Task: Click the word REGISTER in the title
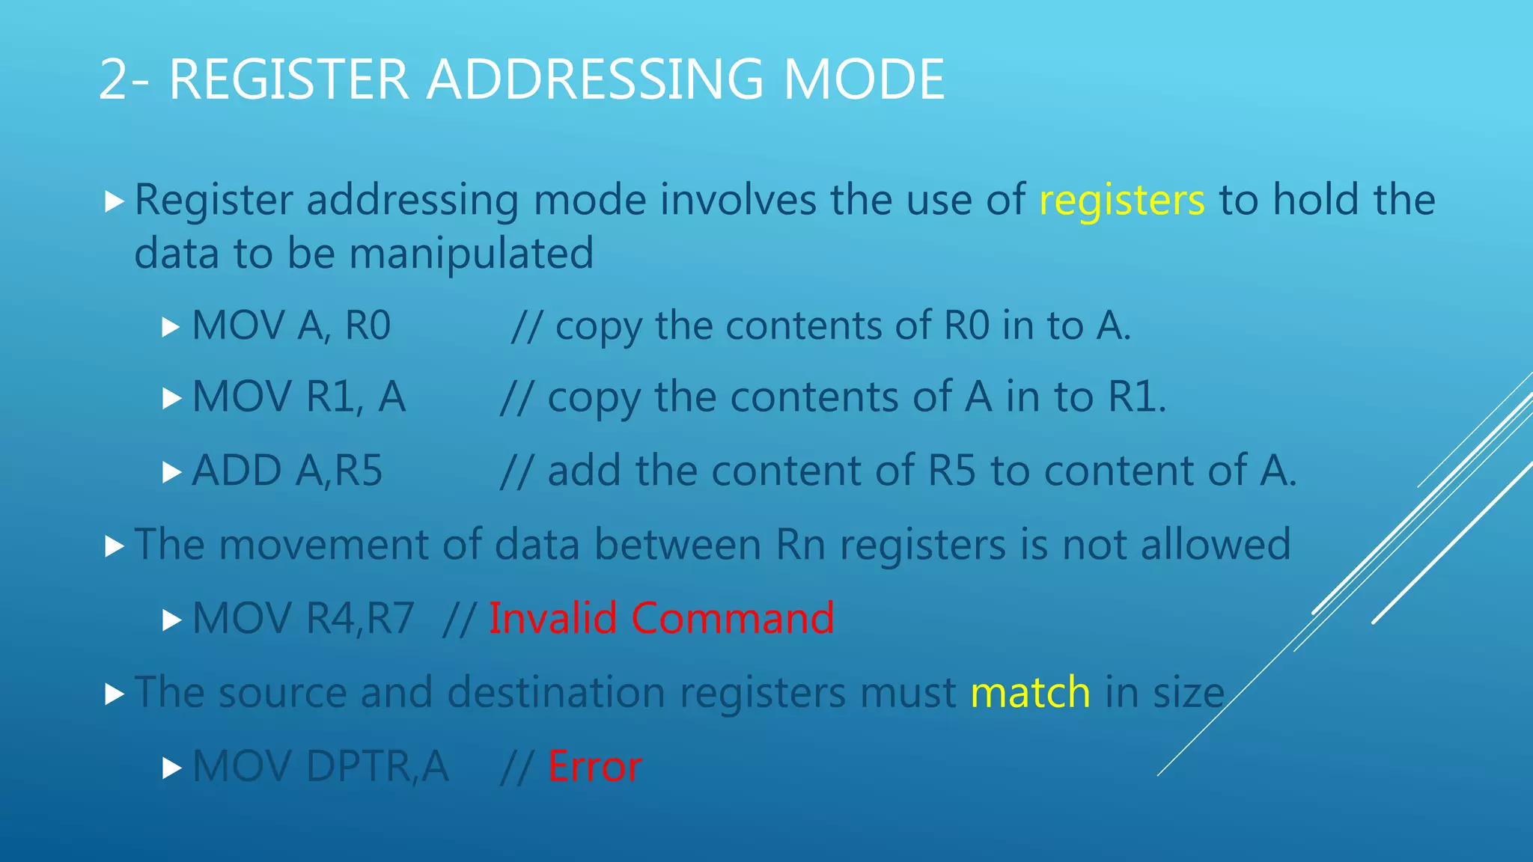[x=289, y=79]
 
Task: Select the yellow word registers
[x=1121, y=201]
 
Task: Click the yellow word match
[x=1030, y=692]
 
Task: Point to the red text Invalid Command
[x=661, y=619]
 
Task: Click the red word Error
[x=594, y=767]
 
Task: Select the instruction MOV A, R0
[x=291, y=325]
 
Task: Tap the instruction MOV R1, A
[x=299, y=397]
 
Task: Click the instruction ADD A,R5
[x=287, y=471]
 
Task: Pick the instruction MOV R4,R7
[x=303, y=619]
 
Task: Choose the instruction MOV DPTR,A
[x=320, y=767]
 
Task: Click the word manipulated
[x=471, y=254]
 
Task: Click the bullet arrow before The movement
[x=115, y=546]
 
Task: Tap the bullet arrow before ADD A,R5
[x=172, y=472]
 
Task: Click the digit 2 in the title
[x=112, y=79]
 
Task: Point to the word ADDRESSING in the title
[x=595, y=79]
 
